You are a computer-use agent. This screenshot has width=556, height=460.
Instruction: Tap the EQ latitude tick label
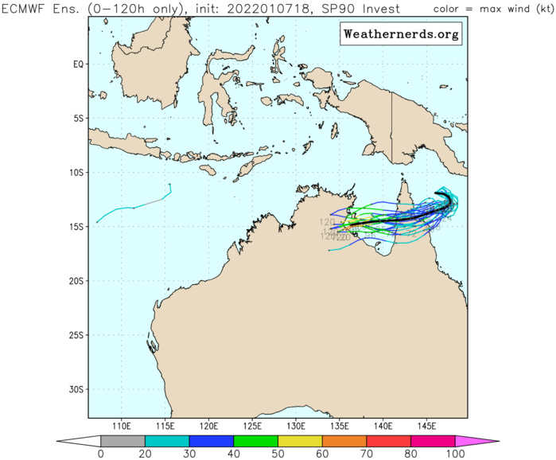point(78,64)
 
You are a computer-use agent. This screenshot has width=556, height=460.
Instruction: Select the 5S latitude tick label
point(78,118)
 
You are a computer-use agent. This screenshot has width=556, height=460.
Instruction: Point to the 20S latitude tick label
point(76,281)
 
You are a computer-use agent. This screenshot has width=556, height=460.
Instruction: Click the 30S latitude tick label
point(76,389)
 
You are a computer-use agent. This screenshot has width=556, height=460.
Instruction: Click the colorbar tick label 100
point(454,454)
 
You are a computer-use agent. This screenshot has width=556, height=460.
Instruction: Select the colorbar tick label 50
point(277,454)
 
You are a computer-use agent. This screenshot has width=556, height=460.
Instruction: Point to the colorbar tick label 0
point(100,454)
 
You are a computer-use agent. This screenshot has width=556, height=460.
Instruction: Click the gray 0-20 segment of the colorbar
point(122,440)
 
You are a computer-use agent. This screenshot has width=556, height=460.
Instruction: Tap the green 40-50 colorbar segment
point(255,440)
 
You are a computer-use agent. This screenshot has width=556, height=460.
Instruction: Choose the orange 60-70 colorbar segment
point(344,440)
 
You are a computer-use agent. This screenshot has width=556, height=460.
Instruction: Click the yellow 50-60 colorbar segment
point(299,440)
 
